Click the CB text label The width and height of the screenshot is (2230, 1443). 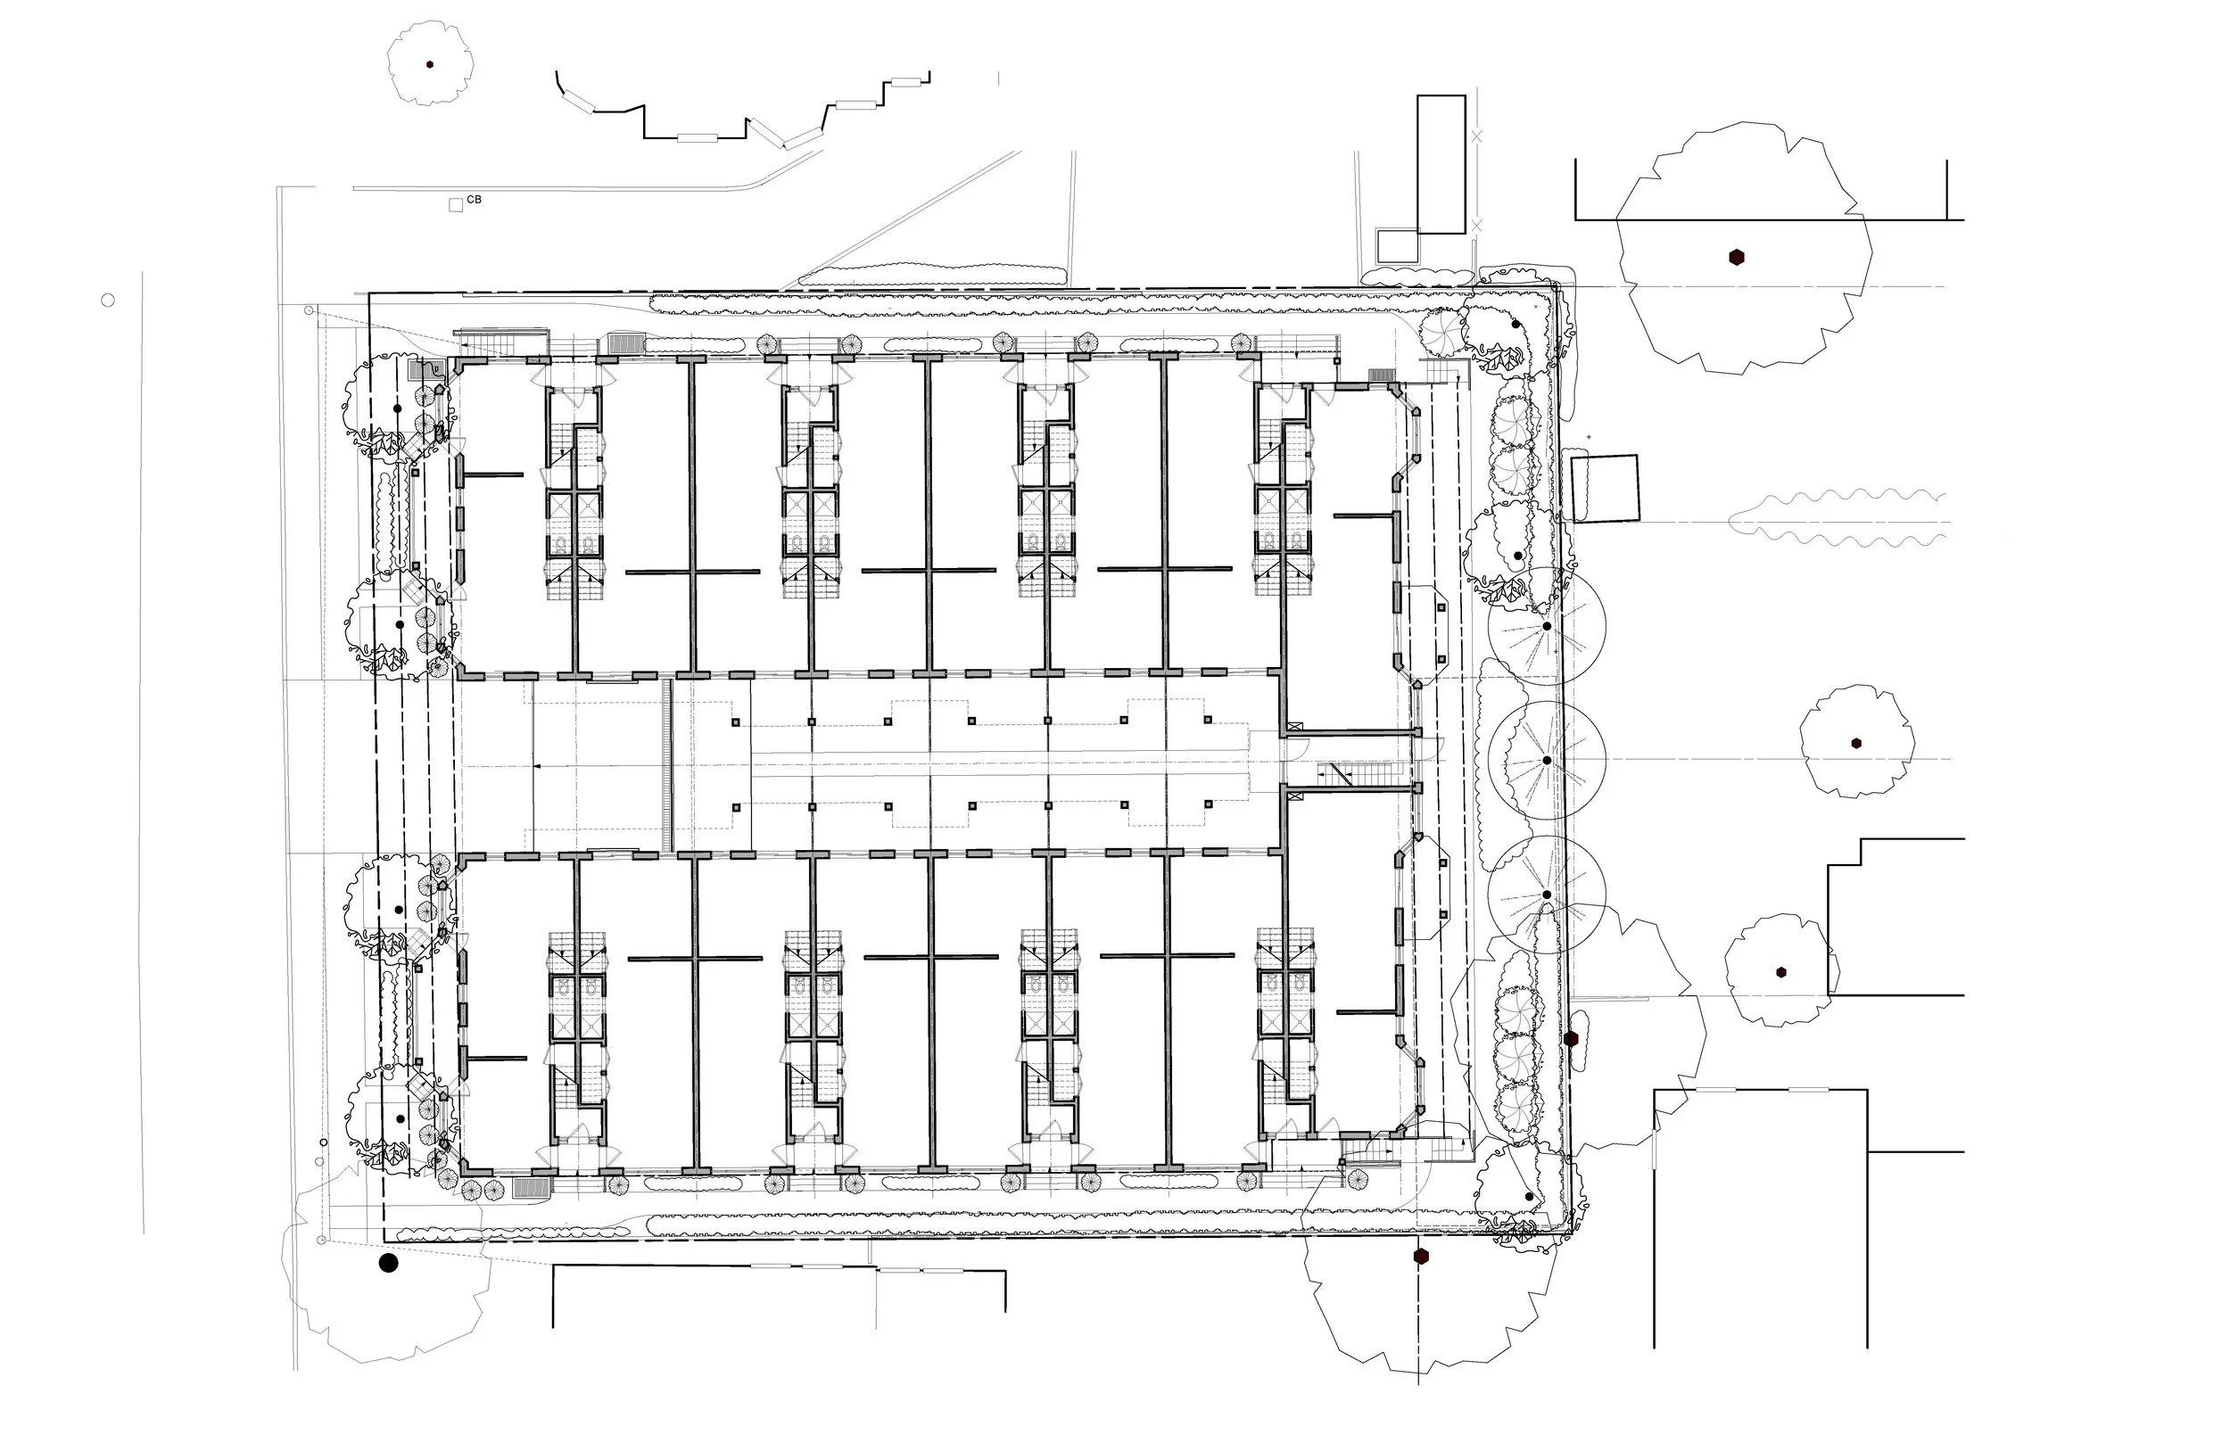(475, 200)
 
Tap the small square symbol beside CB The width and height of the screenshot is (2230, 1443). (457, 205)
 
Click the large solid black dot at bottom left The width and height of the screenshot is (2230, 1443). (388, 1263)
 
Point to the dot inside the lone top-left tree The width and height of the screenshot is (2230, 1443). (430, 64)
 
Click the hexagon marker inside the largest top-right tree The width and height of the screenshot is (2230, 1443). (1736, 257)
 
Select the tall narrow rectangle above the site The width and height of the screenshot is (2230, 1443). (1441, 164)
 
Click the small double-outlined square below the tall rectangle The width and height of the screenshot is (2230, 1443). (1397, 246)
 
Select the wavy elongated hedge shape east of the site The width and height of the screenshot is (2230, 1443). (1837, 516)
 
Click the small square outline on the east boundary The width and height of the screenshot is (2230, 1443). (1604, 487)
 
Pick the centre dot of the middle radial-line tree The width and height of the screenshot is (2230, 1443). (1547, 760)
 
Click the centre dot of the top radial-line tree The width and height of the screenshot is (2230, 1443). (1547, 626)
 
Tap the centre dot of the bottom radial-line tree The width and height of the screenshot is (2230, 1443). (1547, 895)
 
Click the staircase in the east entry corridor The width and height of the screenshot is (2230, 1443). (1336, 774)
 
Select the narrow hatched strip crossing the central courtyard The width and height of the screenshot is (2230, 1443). (668, 764)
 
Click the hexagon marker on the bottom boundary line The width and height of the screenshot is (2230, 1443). (1421, 1256)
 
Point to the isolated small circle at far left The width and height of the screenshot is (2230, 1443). (108, 300)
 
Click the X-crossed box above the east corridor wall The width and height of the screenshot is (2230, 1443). (1295, 725)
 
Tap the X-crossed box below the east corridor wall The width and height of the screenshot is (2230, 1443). (1295, 796)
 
